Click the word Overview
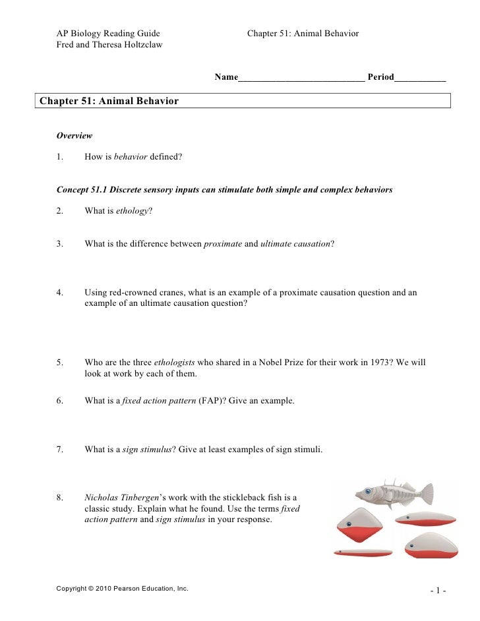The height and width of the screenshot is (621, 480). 74,136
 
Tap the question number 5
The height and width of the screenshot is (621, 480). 60,363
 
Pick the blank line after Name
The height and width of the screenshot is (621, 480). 301,78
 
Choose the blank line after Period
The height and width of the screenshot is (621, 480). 420,78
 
